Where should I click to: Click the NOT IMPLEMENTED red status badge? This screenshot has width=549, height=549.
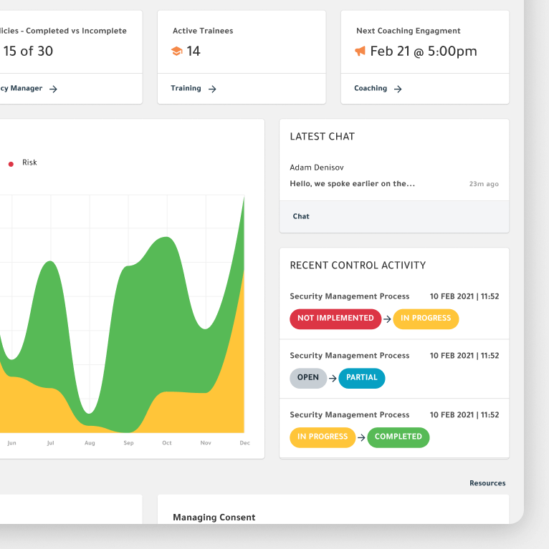tap(335, 319)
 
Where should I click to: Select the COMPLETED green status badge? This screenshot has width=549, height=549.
tap(398, 437)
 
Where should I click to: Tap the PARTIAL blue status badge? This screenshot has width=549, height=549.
tap(362, 378)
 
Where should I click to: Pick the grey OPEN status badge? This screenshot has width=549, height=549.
tap(308, 378)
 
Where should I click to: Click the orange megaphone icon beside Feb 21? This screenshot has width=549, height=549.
tap(360, 51)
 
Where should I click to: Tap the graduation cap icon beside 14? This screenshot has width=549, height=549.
tap(176, 52)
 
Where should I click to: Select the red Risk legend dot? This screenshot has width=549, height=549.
tap(11, 164)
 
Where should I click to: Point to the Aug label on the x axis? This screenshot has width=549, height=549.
tap(90, 443)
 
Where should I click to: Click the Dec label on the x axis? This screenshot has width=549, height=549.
tap(244, 443)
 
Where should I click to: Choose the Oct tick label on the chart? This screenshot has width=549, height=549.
tap(167, 443)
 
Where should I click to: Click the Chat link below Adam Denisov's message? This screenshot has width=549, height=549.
tap(301, 216)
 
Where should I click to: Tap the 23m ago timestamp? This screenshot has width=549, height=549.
tap(484, 184)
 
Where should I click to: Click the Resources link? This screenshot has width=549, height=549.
tap(487, 483)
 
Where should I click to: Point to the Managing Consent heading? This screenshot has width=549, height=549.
tap(214, 517)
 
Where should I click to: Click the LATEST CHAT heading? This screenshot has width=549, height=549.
tap(322, 136)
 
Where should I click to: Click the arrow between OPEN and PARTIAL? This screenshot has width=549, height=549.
tap(333, 379)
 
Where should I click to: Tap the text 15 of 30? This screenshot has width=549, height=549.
tap(28, 51)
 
